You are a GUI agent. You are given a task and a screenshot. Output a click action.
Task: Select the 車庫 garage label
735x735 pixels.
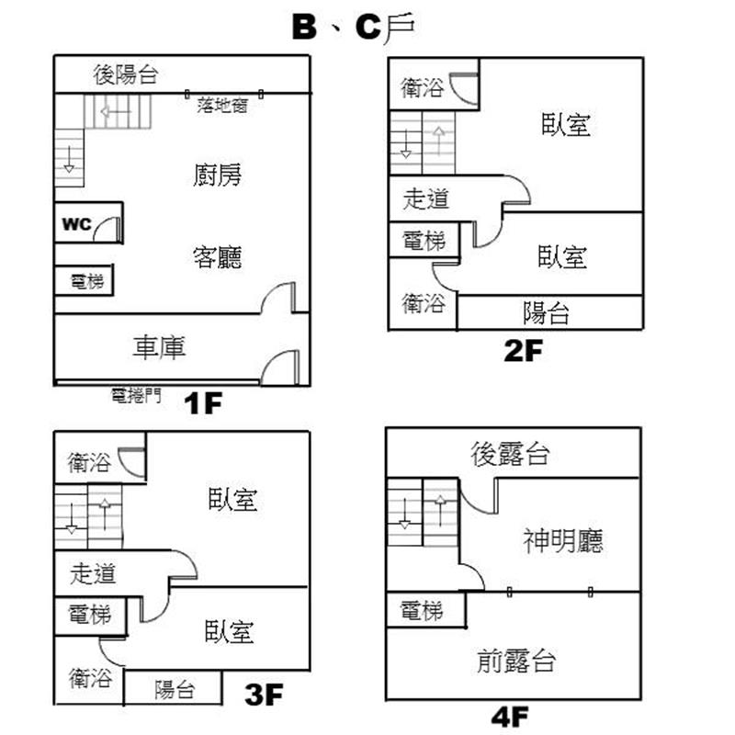pyautogui.click(x=161, y=347)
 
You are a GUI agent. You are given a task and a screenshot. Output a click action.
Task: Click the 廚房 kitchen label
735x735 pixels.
pyautogui.click(x=218, y=175)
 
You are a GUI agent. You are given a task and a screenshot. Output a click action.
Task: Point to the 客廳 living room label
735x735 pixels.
pyautogui.click(x=218, y=256)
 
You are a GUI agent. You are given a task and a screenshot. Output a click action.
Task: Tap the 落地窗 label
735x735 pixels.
pyautogui.click(x=221, y=106)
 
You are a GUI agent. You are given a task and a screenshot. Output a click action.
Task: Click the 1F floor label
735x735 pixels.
pyautogui.click(x=202, y=403)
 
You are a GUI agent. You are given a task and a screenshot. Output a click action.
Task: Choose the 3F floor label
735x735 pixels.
pyautogui.click(x=265, y=695)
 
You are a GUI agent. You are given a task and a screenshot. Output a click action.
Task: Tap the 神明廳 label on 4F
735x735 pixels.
pyautogui.click(x=563, y=539)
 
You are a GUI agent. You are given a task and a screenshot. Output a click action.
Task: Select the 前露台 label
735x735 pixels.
pyautogui.click(x=516, y=660)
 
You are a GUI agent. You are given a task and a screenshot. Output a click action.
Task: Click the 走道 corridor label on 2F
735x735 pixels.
pyautogui.click(x=426, y=198)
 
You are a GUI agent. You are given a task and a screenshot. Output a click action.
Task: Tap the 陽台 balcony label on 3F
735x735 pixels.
pyautogui.click(x=174, y=689)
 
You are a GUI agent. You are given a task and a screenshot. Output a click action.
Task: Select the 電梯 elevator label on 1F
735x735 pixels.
pyautogui.click(x=86, y=282)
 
